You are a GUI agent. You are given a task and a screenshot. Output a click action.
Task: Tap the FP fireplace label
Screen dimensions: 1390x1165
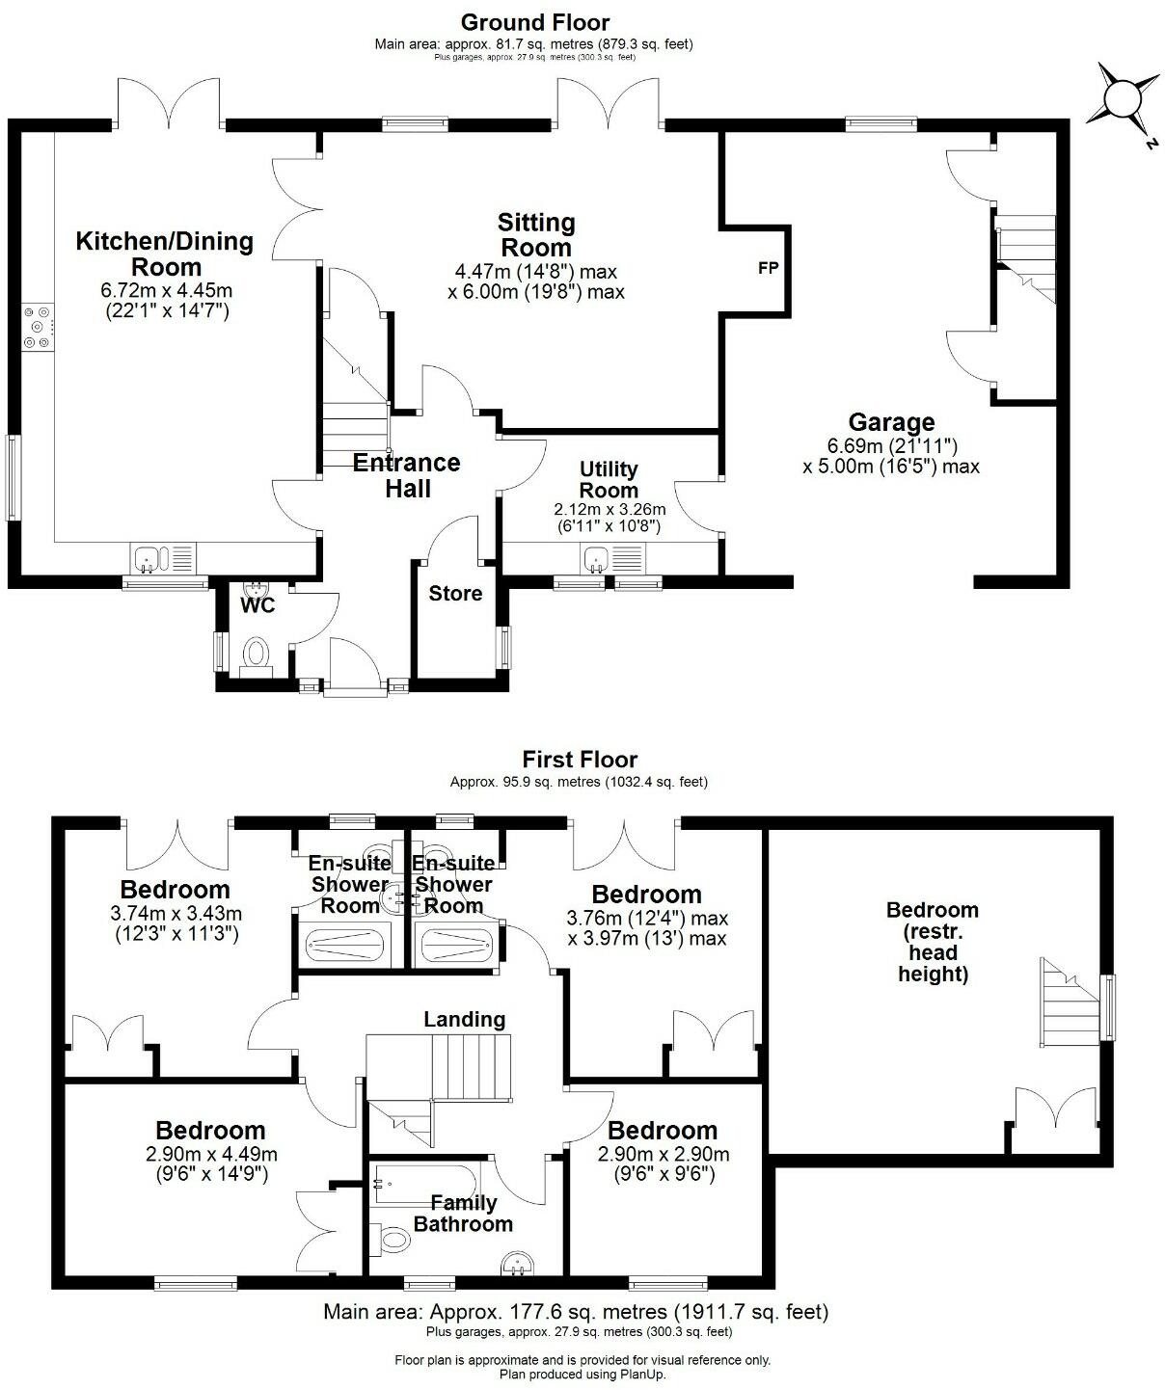(x=768, y=269)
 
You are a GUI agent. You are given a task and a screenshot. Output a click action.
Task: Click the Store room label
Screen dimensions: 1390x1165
(x=455, y=594)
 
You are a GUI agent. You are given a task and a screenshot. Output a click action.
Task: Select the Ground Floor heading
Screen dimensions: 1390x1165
(x=534, y=21)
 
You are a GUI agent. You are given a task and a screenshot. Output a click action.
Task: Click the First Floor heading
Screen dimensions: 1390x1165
(x=580, y=760)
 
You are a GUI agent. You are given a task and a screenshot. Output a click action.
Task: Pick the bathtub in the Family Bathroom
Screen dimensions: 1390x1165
(x=425, y=1180)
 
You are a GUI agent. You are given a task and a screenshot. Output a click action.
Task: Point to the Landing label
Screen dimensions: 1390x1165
(x=464, y=1019)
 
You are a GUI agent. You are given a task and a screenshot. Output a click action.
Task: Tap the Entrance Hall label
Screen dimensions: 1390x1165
(x=407, y=475)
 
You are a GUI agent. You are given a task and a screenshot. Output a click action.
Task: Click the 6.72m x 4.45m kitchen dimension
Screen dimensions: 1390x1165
(x=166, y=290)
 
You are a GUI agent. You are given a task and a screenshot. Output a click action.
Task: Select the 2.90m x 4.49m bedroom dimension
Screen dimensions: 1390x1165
(x=210, y=1154)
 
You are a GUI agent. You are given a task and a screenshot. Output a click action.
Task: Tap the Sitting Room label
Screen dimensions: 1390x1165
(x=536, y=234)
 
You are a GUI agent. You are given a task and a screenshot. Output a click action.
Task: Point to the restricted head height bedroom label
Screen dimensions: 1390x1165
(x=933, y=942)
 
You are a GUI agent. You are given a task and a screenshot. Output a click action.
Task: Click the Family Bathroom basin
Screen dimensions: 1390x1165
(x=520, y=1262)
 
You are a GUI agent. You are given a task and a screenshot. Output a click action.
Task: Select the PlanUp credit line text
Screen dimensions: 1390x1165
(x=582, y=1374)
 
